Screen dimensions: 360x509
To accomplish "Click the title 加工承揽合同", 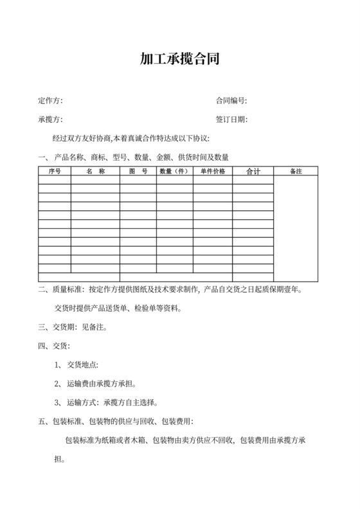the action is click(180, 60).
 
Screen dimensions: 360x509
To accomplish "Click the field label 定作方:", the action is click(51, 101).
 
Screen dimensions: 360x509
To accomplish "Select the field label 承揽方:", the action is click(51, 120).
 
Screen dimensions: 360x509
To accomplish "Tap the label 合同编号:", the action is click(231, 101).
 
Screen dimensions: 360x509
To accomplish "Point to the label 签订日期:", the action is click(231, 120).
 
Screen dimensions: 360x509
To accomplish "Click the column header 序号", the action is click(55, 172).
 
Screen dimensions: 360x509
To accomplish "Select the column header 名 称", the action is click(95, 172).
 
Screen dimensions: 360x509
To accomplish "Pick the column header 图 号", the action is click(138, 172).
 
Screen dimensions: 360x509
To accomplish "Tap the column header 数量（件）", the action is click(174, 172).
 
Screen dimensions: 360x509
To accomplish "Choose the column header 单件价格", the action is click(213, 172).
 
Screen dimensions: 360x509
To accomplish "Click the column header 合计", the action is click(253, 172).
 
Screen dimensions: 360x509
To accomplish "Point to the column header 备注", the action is click(296, 172).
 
